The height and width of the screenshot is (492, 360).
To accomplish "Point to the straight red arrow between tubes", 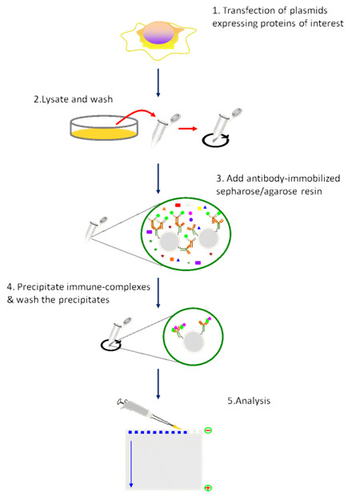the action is click(188, 128).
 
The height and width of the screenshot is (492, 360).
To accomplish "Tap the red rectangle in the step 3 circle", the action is click(178, 206).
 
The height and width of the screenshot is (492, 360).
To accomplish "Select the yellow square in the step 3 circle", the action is click(199, 208).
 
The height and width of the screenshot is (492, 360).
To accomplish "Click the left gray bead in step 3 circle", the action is click(170, 241).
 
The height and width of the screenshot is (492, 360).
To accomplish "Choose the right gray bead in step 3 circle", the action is click(209, 238).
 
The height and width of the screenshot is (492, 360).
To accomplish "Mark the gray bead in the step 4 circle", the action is click(194, 342).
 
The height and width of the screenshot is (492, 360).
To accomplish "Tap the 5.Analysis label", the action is click(249, 401).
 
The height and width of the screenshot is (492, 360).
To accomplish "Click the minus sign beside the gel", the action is click(208, 430).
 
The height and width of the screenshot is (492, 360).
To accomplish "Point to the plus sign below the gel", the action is click(208, 488).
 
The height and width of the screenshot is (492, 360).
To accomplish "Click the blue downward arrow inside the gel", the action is click(131, 464).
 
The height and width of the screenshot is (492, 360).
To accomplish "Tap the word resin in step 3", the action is click(310, 191).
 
